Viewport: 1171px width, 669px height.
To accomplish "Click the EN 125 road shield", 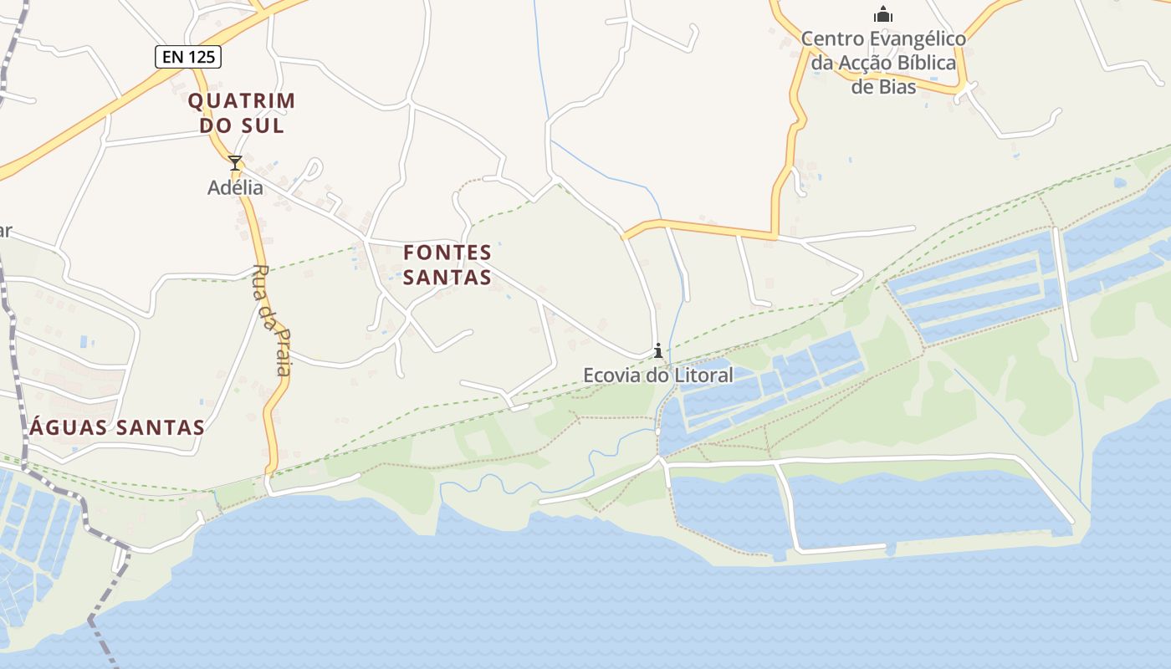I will click(188, 57).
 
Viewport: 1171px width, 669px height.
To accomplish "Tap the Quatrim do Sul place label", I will click(241, 113).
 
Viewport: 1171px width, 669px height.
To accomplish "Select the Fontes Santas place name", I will click(447, 263).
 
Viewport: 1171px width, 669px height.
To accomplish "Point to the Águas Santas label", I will click(117, 427).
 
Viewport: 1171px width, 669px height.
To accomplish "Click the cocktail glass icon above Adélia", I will click(235, 162).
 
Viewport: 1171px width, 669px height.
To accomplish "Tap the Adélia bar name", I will click(235, 187).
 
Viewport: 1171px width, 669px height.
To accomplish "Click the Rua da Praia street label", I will click(272, 320).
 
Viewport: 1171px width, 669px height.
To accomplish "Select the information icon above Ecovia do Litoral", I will click(658, 351).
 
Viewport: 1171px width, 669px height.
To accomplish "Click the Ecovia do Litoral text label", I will click(657, 375).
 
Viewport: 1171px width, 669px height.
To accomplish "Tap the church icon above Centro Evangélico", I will click(883, 14).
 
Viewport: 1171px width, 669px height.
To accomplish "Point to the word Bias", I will click(896, 86).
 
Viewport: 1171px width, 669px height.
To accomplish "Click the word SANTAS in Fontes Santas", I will click(447, 277).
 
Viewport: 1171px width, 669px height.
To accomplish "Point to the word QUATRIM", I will click(241, 101).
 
